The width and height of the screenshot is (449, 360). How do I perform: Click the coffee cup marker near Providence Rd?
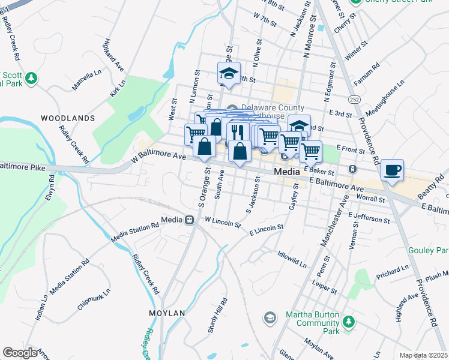[392, 170]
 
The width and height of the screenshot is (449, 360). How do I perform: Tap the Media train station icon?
[190, 220]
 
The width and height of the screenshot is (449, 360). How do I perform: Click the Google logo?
[20, 353]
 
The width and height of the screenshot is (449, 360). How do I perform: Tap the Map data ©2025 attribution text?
[423, 355]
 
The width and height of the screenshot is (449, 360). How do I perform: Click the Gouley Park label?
[432, 250]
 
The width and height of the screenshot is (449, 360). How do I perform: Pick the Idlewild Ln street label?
[292, 259]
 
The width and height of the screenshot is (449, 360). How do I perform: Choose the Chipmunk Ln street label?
[94, 299]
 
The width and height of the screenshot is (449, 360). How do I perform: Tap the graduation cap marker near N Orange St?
[229, 73]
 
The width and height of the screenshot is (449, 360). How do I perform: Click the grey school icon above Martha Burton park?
[270, 317]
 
